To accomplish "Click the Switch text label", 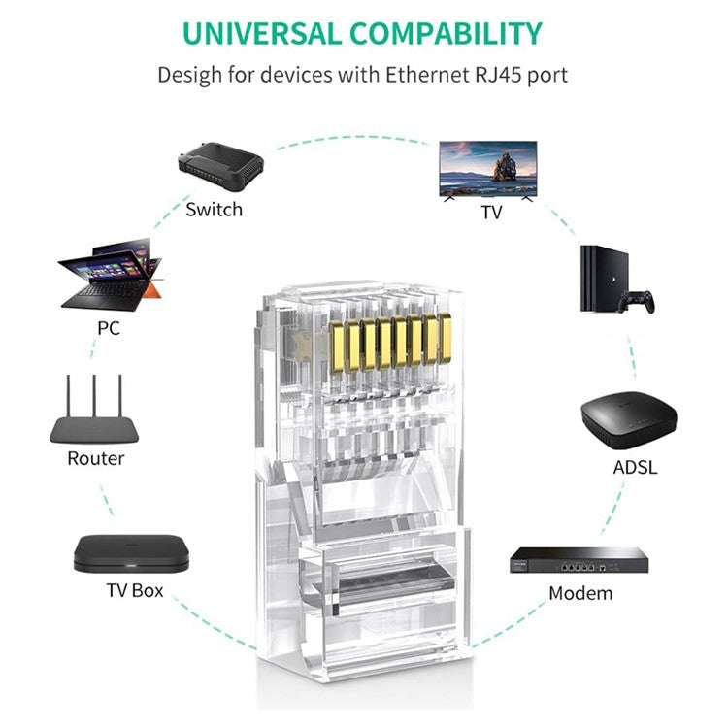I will [x=214, y=209].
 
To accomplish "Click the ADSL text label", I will [x=635, y=467].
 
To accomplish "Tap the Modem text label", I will [x=580, y=593].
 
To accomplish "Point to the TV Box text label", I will [x=135, y=590].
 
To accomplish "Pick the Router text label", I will [x=95, y=458].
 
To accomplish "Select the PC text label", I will [x=109, y=328].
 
